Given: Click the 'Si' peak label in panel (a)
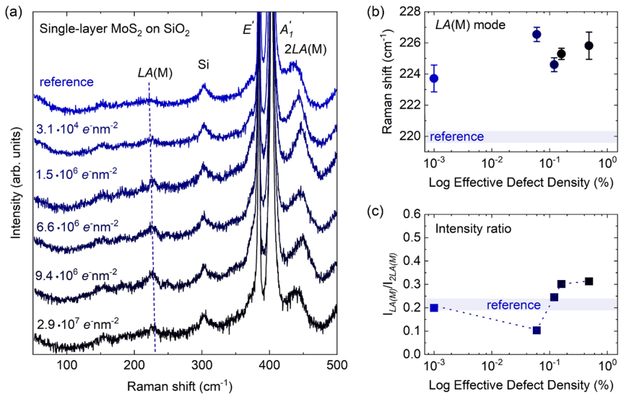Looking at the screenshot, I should tap(203, 65).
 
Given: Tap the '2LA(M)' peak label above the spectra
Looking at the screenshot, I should tap(305, 49).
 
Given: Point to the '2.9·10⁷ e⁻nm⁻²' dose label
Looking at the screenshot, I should tap(77, 324).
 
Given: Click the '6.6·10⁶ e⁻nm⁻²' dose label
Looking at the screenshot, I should tap(77, 227).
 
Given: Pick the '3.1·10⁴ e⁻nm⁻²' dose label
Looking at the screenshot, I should tap(77, 129).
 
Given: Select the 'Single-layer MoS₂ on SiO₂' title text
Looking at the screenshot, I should tap(114, 29).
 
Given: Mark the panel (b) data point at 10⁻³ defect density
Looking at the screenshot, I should tap(434, 78).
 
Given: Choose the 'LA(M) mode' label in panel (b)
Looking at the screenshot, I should tap(470, 25).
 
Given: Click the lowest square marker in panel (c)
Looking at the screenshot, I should tap(537, 331).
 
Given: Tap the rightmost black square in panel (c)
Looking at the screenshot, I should tap(589, 281).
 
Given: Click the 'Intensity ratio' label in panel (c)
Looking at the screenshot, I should tap(473, 229).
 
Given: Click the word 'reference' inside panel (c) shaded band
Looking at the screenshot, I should tap(514, 305).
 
